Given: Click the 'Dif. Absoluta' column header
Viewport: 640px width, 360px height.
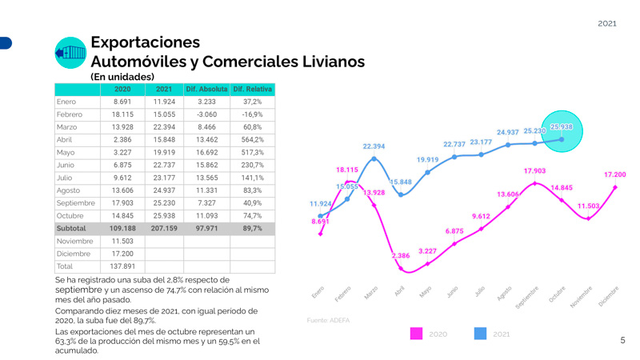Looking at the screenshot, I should click(x=206, y=89).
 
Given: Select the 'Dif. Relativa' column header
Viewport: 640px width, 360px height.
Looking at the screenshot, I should click(x=252, y=89).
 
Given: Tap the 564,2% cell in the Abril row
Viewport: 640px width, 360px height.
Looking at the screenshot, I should click(x=252, y=139).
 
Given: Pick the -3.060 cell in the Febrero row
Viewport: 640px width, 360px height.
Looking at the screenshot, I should click(x=206, y=114).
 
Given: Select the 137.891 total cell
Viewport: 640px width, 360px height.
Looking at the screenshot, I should click(x=122, y=266).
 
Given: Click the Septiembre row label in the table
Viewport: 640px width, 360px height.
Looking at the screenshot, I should click(x=76, y=203).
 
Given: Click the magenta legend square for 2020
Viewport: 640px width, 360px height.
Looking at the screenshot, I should click(x=416, y=334).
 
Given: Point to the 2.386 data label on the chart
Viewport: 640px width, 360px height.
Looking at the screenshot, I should click(x=400, y=256).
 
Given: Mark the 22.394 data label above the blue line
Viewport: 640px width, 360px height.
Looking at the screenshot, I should click(x=374, y=146).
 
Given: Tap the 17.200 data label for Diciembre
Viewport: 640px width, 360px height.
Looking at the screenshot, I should click(x=614, y=174).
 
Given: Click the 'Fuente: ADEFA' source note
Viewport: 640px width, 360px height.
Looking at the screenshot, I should click(x=328, y=320).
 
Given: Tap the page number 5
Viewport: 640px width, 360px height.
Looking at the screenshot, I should click(x=622, y=341).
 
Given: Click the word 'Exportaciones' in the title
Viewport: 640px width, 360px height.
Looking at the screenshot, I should click(x=145, y=42).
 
